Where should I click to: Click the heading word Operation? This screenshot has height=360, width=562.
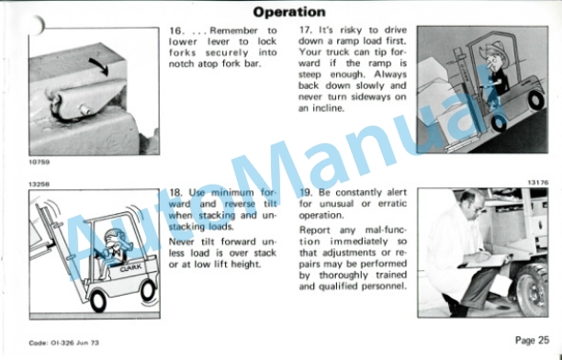(x=289, y=12)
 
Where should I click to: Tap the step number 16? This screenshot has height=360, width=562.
(x=175, y=31)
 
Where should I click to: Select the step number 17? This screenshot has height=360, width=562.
(x=306, y=30)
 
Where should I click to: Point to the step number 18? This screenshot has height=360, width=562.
(x=175, y=193)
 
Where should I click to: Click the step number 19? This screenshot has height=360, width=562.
(x=306, y=193)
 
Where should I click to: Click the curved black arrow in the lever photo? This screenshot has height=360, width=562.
(x=99, y=66)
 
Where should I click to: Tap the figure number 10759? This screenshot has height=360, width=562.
(x=39, y=162)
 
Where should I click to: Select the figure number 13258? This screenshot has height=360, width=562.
(x=39, y=185)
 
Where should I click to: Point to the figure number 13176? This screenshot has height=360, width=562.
(x=537, y=183)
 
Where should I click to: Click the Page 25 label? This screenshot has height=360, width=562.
(x=532, y=340)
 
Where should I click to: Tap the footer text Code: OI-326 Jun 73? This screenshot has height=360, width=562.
(x=63, y=343)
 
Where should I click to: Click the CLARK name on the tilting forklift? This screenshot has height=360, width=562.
(x=130, y=268)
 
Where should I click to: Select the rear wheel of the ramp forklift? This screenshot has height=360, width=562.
(x=535, y=100)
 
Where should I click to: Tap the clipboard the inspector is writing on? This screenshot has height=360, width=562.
(x=485, y=262)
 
